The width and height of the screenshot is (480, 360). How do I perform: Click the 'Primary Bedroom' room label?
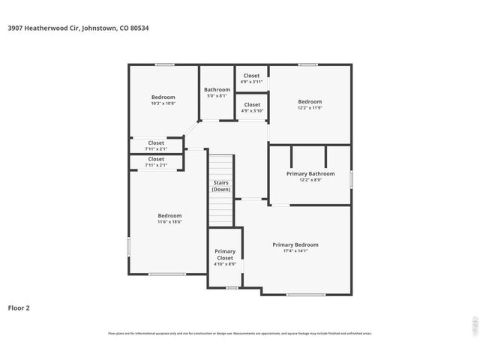coord(295,244)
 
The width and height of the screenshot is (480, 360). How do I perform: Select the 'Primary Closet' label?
coord(225,254)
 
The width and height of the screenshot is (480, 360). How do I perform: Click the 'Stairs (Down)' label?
coord(220,186)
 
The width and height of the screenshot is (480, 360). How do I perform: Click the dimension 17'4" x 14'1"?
coord(295,251)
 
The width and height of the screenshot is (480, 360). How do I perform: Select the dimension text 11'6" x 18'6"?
coord(169,222)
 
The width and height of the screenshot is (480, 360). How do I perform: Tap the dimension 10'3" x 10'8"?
coord(163,103)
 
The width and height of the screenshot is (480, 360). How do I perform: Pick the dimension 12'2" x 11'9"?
coord(310,108)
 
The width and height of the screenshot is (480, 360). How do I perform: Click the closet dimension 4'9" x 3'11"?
coord(251,82)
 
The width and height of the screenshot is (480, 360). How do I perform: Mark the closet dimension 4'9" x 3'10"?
coord(251,111)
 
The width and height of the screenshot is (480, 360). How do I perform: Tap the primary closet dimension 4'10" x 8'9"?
coord(225,264)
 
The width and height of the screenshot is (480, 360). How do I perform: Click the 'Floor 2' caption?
coord(19,307)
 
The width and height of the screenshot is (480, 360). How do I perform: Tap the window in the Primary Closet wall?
coord(232,287)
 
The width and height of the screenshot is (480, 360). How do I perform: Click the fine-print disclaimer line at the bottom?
coord(240,334)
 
